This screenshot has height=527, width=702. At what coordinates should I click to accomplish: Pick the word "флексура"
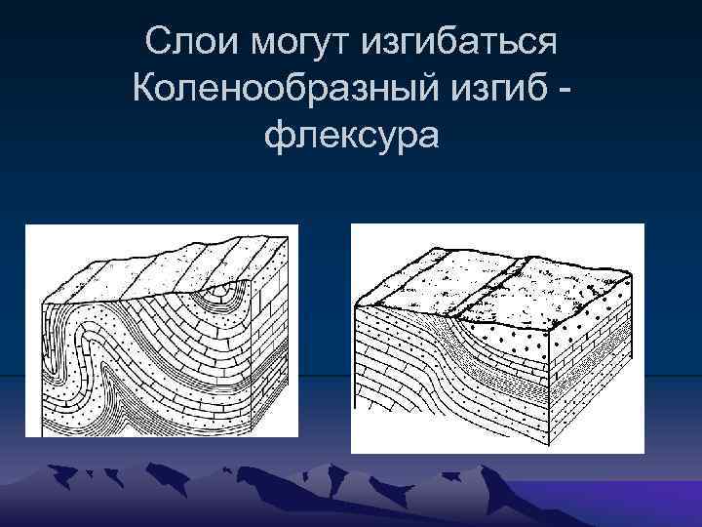click(351, 138)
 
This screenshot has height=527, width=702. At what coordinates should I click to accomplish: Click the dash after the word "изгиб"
click(564, 93)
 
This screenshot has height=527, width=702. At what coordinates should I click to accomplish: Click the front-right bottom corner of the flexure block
click(556, 438)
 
